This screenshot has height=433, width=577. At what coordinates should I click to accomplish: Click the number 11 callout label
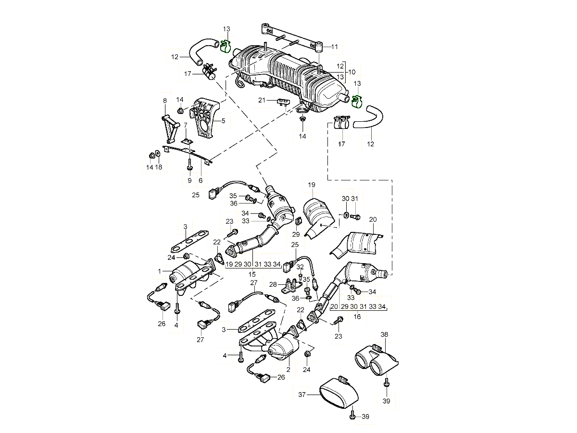[x=334, y=47]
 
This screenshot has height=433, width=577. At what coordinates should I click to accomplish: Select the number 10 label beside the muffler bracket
[x=353, y=71]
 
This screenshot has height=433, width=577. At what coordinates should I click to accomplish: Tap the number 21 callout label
[x=262, y=100]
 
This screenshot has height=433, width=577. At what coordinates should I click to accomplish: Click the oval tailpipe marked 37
[x=339, y=394]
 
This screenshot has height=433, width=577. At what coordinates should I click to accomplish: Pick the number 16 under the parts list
[x=357, y=317]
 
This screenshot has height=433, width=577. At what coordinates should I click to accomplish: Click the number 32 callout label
[x=300, y=267]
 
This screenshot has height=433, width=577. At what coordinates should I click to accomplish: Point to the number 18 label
[x=159, y=167]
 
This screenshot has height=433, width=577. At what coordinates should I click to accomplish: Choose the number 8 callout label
[x=165, y=101]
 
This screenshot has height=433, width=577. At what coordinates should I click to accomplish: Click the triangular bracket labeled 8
[x=168, y=127]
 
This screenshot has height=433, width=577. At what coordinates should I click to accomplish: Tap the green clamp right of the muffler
[x=357, y=101]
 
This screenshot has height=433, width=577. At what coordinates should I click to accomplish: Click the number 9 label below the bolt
[x=189, y=180]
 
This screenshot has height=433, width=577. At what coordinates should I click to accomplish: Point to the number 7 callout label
[x=186, y=125]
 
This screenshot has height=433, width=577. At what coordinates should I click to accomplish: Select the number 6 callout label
[x=201, y=180]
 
